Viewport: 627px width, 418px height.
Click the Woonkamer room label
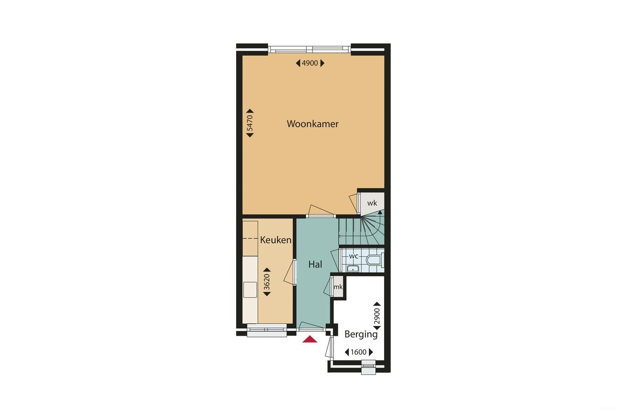[x=313, y=124]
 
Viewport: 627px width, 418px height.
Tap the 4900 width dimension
[x=310, y=63]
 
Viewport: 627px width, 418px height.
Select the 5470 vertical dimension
[x=250, y=123]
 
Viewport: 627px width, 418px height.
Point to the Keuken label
[x=276, y=240]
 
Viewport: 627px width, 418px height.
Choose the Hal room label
[x=315, y=264]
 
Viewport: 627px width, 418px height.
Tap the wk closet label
[x=372, y=203]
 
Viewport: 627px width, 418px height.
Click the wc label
[x=353, y=256]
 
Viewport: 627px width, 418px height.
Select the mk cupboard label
[x=338, y=287]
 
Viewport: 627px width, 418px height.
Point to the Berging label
[x=361, y=334]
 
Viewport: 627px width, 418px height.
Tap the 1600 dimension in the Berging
[x=359, y=352]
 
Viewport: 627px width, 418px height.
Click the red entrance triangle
[x=310, y=339]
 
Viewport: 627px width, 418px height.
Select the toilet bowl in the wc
[x=374, y=260]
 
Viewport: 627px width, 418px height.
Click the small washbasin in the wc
[x=353, y=268]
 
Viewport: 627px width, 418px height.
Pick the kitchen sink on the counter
[x=250, y=290]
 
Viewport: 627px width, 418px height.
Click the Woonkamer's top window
[x=310, y=49]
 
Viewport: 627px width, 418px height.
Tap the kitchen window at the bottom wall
[x=267, y=332]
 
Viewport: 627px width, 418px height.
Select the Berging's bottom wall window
[x=368, y=367]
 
